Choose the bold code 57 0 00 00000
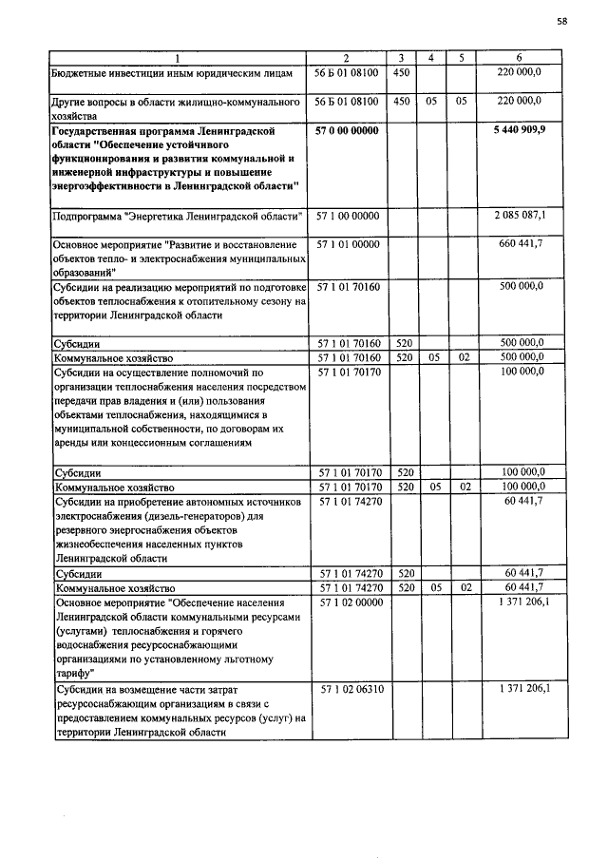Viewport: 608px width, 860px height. (346, 130)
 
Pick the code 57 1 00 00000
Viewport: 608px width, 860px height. (347, 217)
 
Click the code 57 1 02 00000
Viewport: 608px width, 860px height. (347, 602)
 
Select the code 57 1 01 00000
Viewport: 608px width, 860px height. (347, 245)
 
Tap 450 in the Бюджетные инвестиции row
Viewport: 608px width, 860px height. (402, 71)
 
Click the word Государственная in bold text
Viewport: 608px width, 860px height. (101, 130)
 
